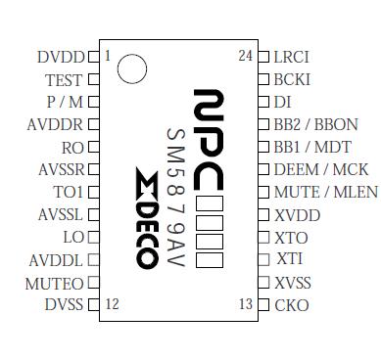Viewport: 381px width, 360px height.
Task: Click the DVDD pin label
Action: [x=61, y=57]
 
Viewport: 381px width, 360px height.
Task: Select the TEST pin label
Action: [x=64, y=80]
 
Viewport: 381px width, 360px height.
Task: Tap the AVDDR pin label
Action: [x=57, y=124]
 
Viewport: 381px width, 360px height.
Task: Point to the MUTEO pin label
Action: [x=55, y=283]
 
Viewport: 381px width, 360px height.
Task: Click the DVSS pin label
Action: [x=64, y=305]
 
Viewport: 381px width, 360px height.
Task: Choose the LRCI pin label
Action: [x=292, y=57]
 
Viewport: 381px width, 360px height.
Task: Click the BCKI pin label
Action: [x=292, y=79]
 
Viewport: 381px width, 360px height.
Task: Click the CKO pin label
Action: [x=292, y=305]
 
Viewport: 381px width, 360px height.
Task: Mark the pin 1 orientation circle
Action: [x=131, y=69]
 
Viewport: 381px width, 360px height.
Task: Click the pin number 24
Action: [x=245, y=56]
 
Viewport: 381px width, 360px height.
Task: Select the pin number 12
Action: [x=112, y=304]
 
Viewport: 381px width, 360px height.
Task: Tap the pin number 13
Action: [x=245, y=304]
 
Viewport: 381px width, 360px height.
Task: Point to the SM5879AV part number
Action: [x=175, y=197]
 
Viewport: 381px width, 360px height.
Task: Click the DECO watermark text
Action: [x=145, y=217]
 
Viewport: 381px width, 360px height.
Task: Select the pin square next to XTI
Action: [x=262, y=259]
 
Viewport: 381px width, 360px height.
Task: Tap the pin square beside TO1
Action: [x=93, y=192]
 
